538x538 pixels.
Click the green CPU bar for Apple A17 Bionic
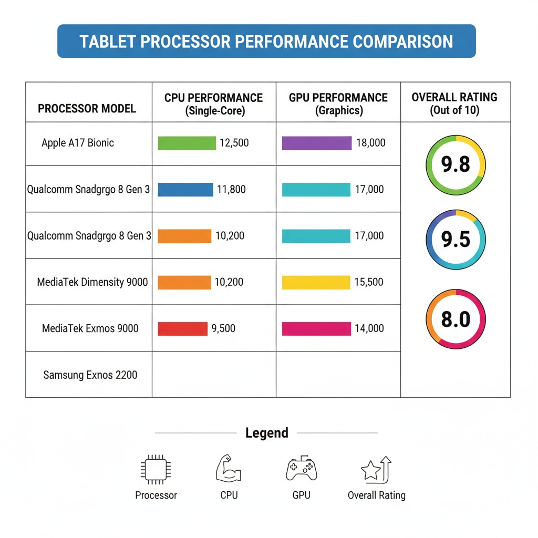187,143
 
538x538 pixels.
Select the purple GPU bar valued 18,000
316,143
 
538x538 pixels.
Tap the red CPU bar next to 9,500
182,329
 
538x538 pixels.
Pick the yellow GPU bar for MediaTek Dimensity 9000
316,283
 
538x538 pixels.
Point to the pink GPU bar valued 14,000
316,329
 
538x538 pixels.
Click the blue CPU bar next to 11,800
185,190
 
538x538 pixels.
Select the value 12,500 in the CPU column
234,143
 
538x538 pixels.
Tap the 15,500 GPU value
369,283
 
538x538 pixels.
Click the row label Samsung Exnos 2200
90,375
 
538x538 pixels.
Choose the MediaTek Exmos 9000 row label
90,329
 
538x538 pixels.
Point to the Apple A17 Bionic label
78,143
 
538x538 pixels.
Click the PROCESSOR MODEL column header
87,109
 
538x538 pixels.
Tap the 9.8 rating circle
456,165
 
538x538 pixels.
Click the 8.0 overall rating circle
456,319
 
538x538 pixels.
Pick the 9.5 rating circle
456,240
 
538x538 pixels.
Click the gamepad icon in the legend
301,469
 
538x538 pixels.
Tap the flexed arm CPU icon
229,469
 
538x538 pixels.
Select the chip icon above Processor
156,469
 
